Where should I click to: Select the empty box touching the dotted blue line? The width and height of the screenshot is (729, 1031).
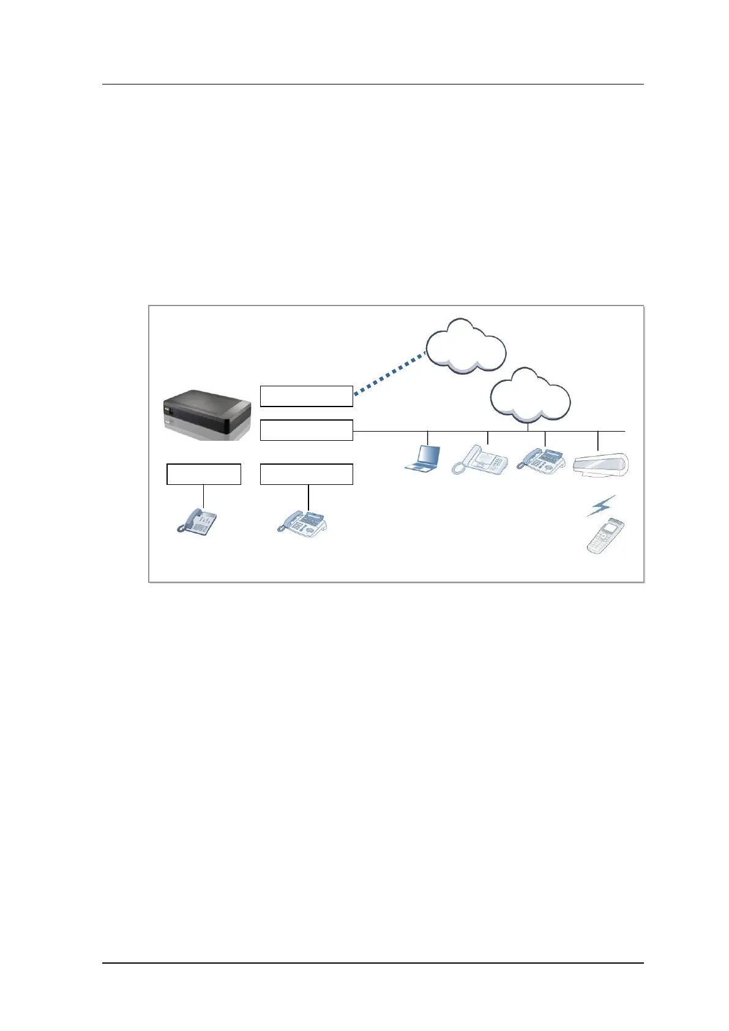[306, 396]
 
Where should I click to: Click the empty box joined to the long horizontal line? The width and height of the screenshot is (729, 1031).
[306, 430]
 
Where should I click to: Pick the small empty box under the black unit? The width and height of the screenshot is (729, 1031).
[203, 474]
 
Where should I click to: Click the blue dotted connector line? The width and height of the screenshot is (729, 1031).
[389, 375]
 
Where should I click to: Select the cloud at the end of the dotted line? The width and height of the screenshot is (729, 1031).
[465, 347]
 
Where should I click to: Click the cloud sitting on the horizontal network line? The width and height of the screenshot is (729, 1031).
[530, 396]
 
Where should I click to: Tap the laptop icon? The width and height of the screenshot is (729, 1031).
[424, 459]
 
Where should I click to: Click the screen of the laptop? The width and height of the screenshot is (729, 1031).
[428, 455]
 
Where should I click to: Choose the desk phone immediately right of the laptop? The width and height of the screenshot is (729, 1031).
[480, 460]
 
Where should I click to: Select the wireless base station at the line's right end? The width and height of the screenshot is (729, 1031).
[600, 465]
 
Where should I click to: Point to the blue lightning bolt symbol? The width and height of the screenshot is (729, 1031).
[601, 505]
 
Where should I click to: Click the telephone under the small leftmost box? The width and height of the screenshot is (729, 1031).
[197, 522]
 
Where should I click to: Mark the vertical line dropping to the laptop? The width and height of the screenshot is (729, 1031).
[427, 438]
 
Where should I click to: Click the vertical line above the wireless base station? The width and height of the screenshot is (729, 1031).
[597, 441]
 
